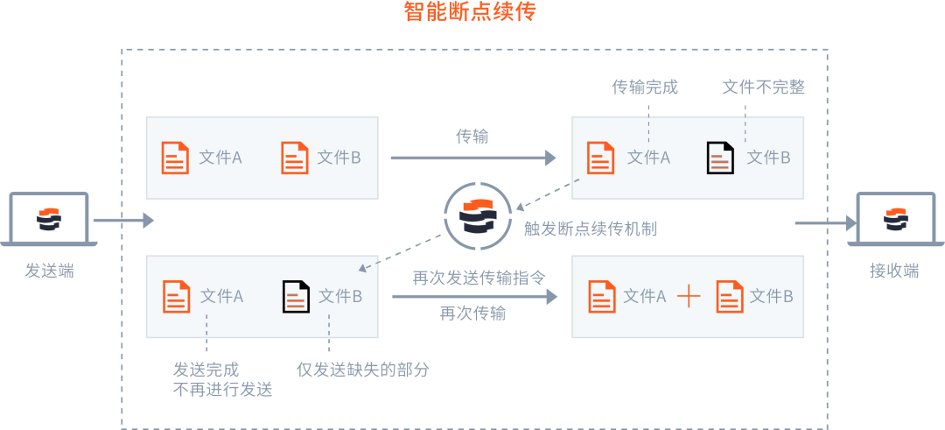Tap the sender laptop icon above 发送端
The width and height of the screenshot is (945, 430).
coord(49,219)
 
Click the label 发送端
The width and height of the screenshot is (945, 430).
coord(49,271)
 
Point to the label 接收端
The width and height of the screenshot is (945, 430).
coord(894,271)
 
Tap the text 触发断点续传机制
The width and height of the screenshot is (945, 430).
coord(591,229)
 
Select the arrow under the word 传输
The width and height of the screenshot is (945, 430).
coord(472,159)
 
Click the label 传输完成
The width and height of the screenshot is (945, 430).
coord(645,88)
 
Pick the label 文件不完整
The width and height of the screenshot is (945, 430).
coord(763,88)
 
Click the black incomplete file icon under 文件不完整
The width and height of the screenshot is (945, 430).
coord(720,158)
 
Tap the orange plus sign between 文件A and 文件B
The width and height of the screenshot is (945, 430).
coord(689,297)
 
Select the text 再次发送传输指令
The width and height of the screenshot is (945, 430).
coord(479,278)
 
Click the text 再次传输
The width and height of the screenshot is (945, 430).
coord(472,314)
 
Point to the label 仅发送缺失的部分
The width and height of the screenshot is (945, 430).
coord(363,370)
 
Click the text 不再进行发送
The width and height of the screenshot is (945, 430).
coord(223,390)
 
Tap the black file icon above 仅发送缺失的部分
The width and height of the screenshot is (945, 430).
coord(296,297)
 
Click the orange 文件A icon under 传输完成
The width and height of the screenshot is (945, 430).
coord(601,158)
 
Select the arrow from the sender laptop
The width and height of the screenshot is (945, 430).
coord(123,222)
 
